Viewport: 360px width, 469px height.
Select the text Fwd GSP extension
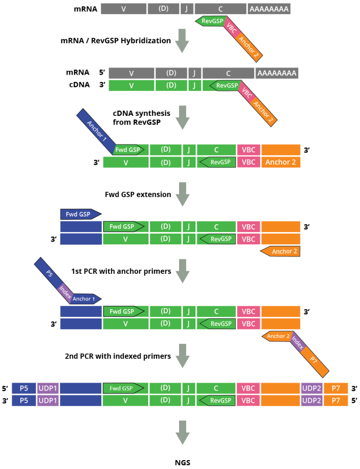[138, 194]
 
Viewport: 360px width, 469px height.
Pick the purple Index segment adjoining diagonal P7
[298, 343]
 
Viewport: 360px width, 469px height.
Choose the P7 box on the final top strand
[336, 388]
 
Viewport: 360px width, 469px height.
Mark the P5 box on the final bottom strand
[24, 401]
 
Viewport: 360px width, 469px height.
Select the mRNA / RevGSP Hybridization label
[116, 40]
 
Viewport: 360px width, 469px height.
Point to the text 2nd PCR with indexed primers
[118, 356]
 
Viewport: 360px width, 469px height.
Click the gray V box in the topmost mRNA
[123, 8]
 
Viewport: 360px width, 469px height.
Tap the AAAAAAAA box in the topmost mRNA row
[269, 8]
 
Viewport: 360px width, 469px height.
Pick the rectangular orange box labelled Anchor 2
[281, 162]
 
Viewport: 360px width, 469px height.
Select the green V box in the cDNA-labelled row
[131, 85]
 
